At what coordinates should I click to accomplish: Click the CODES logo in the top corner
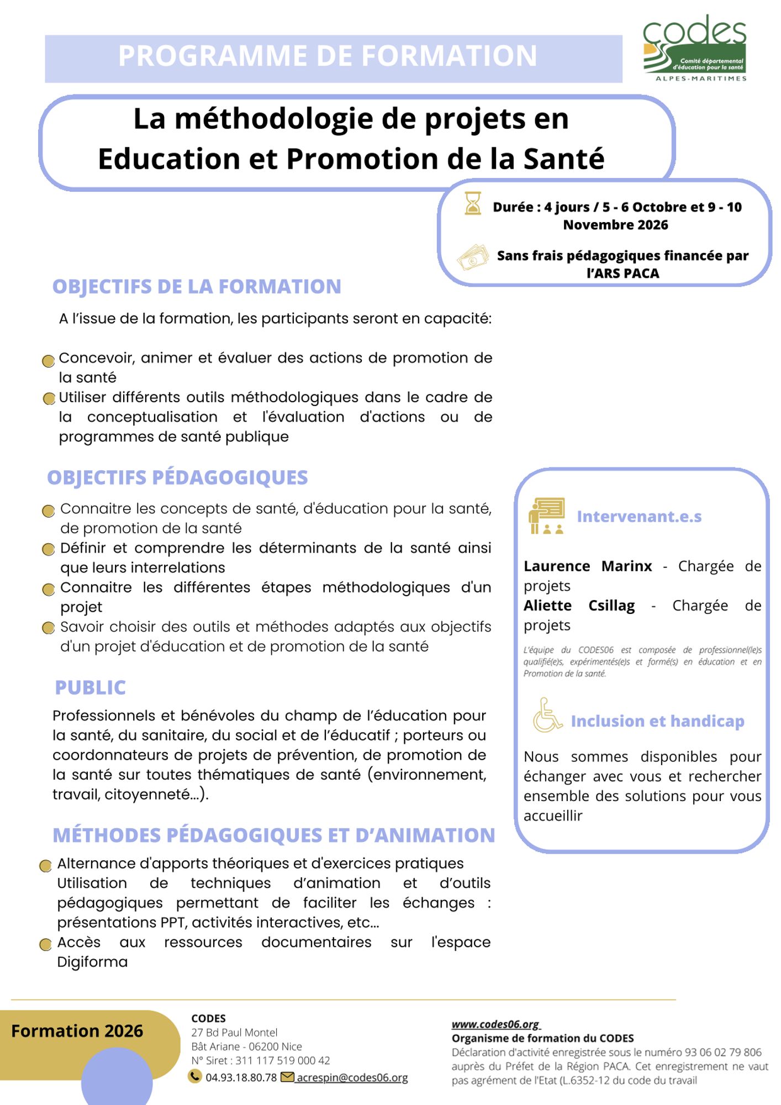click(695, 49)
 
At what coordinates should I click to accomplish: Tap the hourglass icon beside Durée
click(472, 203)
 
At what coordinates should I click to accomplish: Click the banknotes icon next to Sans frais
click(473, 257)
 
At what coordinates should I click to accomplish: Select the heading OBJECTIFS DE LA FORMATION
click(197, 287)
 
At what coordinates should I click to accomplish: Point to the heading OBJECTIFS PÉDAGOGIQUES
click(177, 477)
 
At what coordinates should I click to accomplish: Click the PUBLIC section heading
click(91, 687)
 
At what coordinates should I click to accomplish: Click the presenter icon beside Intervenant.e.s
click(546, 515)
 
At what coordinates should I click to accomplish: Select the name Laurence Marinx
click(588, 566)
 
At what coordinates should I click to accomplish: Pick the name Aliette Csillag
click(579, 606)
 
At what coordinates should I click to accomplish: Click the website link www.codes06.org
click(495, 1024)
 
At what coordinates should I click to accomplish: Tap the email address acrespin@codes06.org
click(352, 1077)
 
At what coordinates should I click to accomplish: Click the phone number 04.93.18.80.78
click(241, 1077)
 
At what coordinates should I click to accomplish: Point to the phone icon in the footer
click(195, 1076)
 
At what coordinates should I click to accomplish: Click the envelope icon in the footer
click(287, 1077)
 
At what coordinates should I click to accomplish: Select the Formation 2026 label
click(77, 1031)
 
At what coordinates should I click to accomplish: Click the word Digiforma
click(92, 962)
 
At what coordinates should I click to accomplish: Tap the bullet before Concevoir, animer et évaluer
click(49, 361)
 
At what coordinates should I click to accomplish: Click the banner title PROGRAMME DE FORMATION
click(328, 56)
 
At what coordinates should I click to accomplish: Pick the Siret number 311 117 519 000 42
click(283, 1060)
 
